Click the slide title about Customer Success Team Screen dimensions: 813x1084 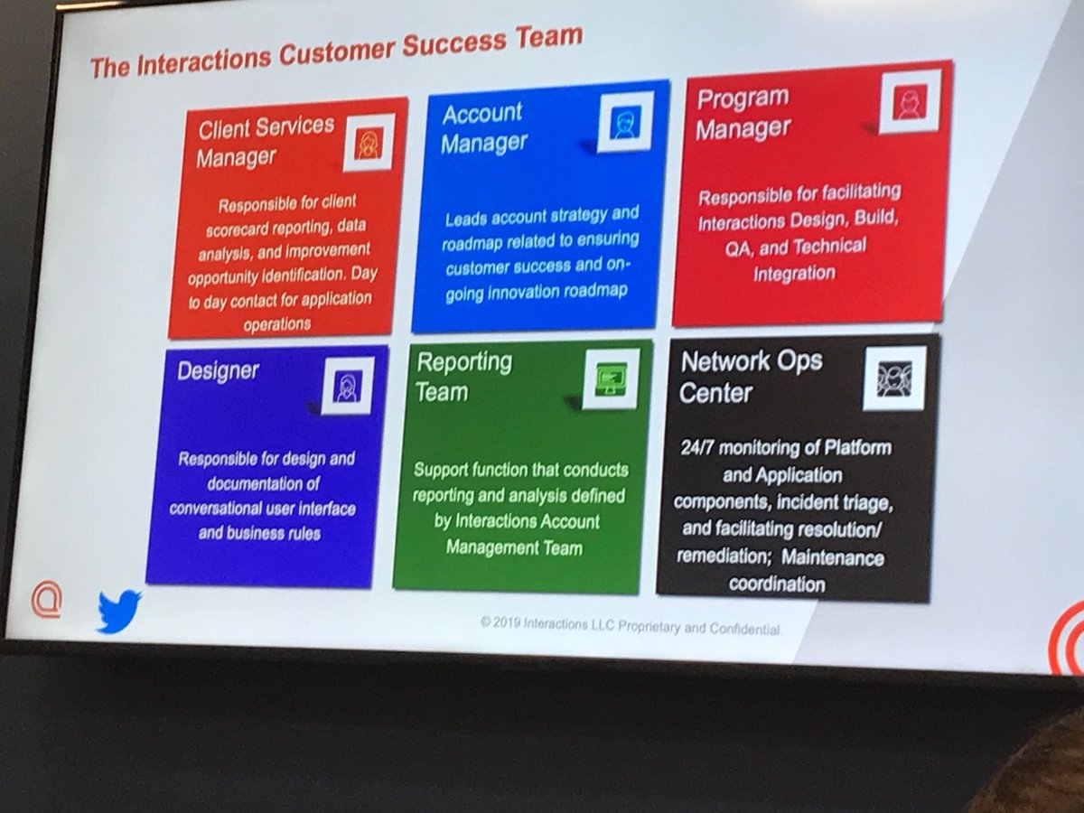(x=336, y=52)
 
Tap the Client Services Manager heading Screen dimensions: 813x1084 (x=265, y=141)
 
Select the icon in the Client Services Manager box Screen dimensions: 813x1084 (x=369, y=143)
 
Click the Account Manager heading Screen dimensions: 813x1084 (x=483, y=127)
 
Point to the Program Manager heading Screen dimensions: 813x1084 (x=743, y=113)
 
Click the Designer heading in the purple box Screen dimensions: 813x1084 (x=218, y=370)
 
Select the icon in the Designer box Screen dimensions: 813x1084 (x=348, y=386)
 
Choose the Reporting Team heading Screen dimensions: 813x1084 (x=463, y=376)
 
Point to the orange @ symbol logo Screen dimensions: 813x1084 (x=45, y=601)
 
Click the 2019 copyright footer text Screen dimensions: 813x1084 (x=630, y=625)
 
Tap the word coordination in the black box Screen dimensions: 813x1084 (x=777, y=584)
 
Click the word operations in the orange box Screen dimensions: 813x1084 (x=276, y=323)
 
